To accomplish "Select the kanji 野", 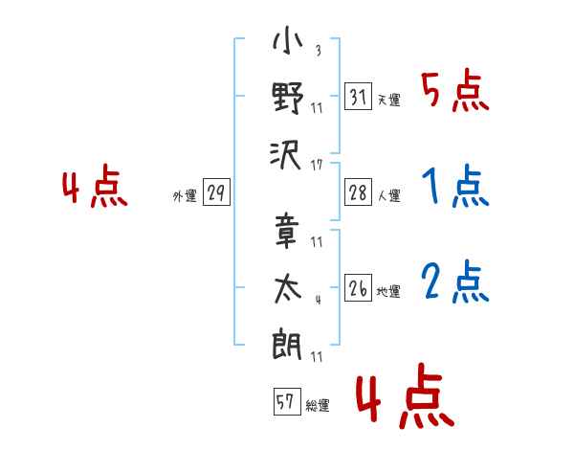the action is pyautogui.click(x=288, y=98).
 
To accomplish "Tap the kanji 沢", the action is pyautogui.click(x=286, y=155).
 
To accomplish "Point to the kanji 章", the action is pyautogui.click(x=286, y=232).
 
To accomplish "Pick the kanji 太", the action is pyautogui.click(x=288, y=289).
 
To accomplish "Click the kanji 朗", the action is pyautogui.click(x=287, y=345).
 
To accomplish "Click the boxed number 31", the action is pyautogui.click(x=358, y=96).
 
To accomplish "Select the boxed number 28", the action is pyautogui.click(x=358, y=192).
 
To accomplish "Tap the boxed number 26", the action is pyautogui.click(x=358, y=287).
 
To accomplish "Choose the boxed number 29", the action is pyautogui.click(x=216, y=192).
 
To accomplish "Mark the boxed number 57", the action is pyautogui.click(x=287, y=401).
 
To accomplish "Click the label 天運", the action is pyautogui.click(x=389, y=100).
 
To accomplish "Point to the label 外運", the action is pyautogui.click(x=185, y=195).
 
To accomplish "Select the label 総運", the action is pyautogui.click(x=318, y=406).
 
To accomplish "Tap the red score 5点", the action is pyautogui.click(x=455, y=90).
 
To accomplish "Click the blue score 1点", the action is pyautogui.click(x=455, y=186).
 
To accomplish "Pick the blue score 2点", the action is pyautogui.click(x=455, y=281).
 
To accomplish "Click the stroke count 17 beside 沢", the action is pyautogui.click(x=317, y=166).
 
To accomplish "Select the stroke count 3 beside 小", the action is pyautogui.click(x=319, y=50).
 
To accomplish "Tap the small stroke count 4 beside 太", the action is pyautogui.click(x=319, y=300).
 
